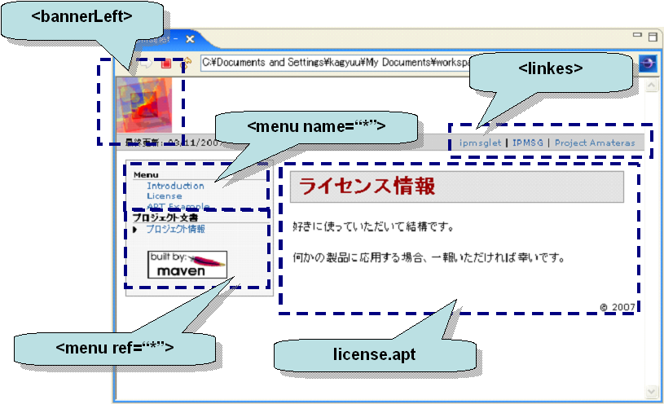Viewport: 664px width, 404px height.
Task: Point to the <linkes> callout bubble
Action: tap(551, 68)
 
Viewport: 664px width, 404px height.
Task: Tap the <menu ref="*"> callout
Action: tap(115, 348)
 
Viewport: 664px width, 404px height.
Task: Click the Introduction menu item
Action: tap(175, 186)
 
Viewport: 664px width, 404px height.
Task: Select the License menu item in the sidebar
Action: tap(164, 195)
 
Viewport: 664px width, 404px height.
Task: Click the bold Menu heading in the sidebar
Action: tap(146, 174)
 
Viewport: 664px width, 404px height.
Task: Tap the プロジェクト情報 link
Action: tap(175, 229)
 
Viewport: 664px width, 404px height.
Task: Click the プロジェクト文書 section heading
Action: tap(165, 217)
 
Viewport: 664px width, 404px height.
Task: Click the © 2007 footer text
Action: tap(617, 307)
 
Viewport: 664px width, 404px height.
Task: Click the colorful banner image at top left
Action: tap(143, 103)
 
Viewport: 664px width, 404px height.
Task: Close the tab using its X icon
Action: tap(189, 38)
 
